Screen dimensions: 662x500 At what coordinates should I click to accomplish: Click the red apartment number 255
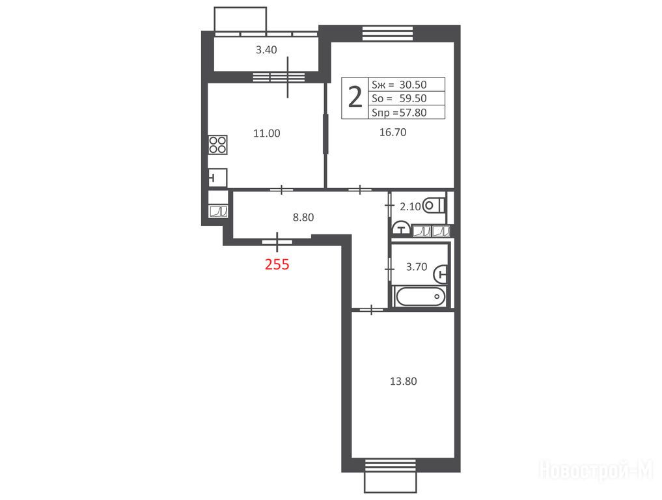tap(277, 264)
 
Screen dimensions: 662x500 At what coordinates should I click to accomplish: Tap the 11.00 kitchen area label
tap(266, 133)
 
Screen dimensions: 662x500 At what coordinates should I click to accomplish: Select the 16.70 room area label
tap(393, 132)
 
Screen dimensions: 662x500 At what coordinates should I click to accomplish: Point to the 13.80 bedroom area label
tap(403, 382)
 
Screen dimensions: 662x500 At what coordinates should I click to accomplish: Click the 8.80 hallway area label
tap(303, 217)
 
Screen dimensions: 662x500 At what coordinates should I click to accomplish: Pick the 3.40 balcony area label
tap(266, 50)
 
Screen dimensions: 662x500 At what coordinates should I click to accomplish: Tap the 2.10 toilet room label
tap(410, 206)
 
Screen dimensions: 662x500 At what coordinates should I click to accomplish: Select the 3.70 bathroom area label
tap(417, 267)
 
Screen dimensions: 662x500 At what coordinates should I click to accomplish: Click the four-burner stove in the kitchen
tap(218, 145)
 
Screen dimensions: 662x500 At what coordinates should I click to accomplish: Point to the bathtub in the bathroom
tap(420, 296)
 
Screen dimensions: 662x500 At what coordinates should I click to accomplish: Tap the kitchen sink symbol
tap(217, 178)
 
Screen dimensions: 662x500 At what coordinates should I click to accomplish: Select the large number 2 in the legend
tap(355, 98)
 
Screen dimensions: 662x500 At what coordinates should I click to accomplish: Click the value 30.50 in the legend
tap(413, 85)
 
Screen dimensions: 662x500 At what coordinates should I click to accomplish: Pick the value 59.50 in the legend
tap(413, 98)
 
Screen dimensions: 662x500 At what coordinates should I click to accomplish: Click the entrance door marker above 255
tap(277, 242)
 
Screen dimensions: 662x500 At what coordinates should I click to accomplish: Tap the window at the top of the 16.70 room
tap(388, 33)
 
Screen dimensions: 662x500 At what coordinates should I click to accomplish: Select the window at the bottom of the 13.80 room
tap(391, 465)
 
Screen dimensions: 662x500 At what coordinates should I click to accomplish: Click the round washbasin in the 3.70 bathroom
tap(441, 273)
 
